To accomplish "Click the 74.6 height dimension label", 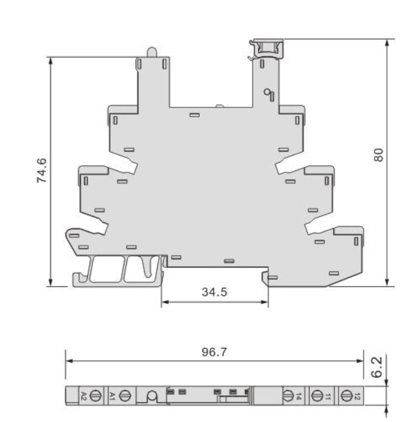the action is coord(42,171).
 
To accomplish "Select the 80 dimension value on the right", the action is coord(378,155).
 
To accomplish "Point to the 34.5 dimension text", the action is coord(215,292).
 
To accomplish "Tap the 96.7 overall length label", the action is coord(214,352).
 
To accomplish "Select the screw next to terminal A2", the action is coord(96,396).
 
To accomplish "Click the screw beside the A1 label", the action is coord(125,396).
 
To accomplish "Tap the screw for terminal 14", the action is coord(287,396).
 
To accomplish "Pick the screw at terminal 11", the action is coord(318,396).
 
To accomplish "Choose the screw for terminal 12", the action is coord(346,396).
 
